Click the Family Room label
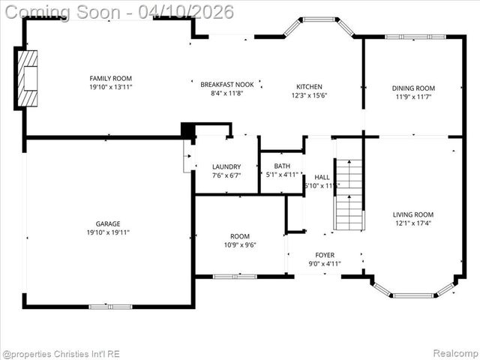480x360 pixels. (110, 78)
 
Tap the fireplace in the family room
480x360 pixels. (28, 78)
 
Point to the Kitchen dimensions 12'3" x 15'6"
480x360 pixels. (309, 95)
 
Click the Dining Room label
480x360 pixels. (412, 88)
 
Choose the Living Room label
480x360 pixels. (413, 214)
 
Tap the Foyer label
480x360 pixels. (325, 255)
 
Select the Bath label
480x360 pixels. (282, 166)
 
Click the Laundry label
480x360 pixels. (226, 166)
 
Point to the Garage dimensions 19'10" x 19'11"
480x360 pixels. (108, 232)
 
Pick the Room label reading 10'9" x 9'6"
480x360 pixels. (239, 235)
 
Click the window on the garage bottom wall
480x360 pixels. (110, 306)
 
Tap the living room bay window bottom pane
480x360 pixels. (413, 295)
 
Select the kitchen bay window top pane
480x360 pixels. (319, 19)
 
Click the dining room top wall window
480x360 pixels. (415, 36)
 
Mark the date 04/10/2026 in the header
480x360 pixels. (190, 12)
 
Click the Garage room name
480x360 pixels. (108, 223)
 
